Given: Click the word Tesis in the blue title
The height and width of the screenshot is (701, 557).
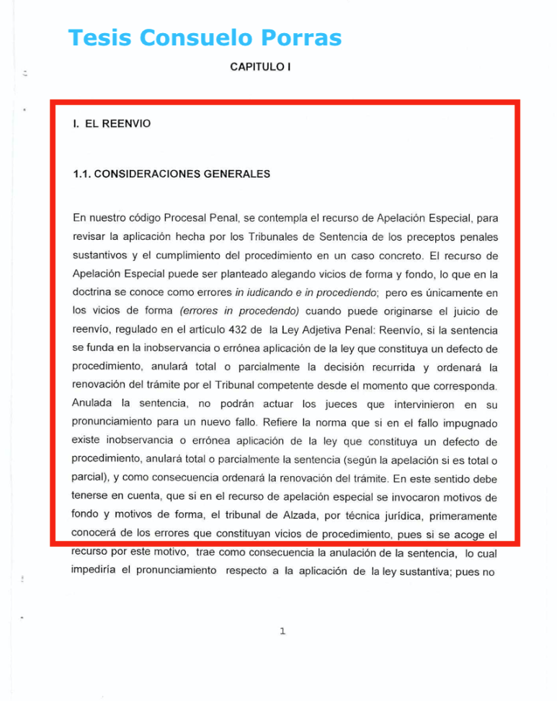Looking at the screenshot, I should click(98, 37).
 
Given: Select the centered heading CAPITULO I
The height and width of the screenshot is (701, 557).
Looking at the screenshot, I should click(260, 67).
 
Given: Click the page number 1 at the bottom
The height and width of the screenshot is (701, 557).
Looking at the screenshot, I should click(282, 631).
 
